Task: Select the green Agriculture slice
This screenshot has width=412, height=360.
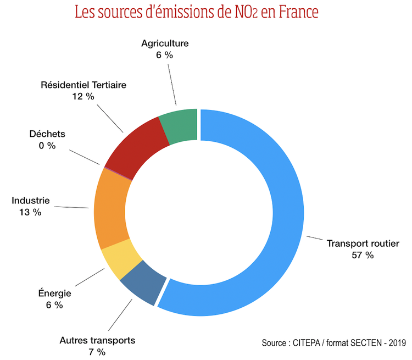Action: pyautogui.click(x=179, y=126)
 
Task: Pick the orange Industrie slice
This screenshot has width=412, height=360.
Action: pyautogui.click(x=113, y=212)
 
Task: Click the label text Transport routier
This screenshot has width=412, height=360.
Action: pyautogui.click(x=363, y=243)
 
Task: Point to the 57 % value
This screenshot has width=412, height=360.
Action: pyautogui.click(x=363, y=255)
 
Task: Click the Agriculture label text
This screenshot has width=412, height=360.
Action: pyautogui.click(x=165, y=43)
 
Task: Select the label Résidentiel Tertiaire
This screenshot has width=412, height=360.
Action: pyautogui.click(x=83, y=85)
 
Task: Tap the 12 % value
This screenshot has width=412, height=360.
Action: pyautogui.click(x=83, y=96)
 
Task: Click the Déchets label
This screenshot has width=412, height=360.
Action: pyautogui.click(x=47, y=134)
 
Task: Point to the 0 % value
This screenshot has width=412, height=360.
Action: pyautogui.click(x=47, y=145)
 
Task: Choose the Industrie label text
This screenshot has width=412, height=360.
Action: pyautogui.click(x=31, y=201)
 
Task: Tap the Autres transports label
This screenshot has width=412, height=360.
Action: pyautogui.click(x=97, y=340)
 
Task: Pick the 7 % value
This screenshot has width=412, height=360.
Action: pyautogui.click(x=97, y=352)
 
